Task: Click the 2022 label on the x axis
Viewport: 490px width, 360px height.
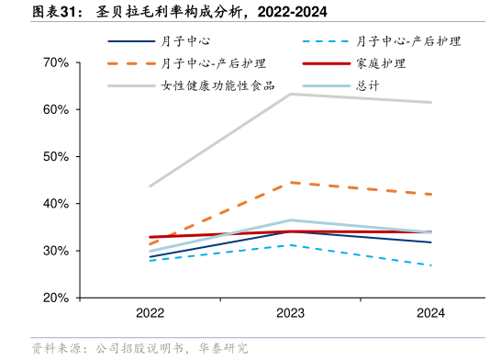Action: [x=150, y=313]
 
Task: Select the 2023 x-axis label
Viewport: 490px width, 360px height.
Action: [x=290, y=313]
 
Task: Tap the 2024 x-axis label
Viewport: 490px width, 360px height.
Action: [x=430, y=313]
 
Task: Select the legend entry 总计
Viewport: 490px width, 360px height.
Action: [x=369, y=85]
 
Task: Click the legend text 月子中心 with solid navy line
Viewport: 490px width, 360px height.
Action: [x=185, y=41]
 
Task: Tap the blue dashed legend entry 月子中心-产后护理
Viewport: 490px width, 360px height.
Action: [x=408, y=41]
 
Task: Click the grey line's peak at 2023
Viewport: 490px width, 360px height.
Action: [x=290, y=94]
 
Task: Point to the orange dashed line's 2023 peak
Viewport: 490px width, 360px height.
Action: [x=290, y=183]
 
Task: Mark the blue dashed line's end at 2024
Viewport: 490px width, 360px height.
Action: [x=431, y=265]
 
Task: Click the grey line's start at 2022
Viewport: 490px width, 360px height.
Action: [x=150, y=186]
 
